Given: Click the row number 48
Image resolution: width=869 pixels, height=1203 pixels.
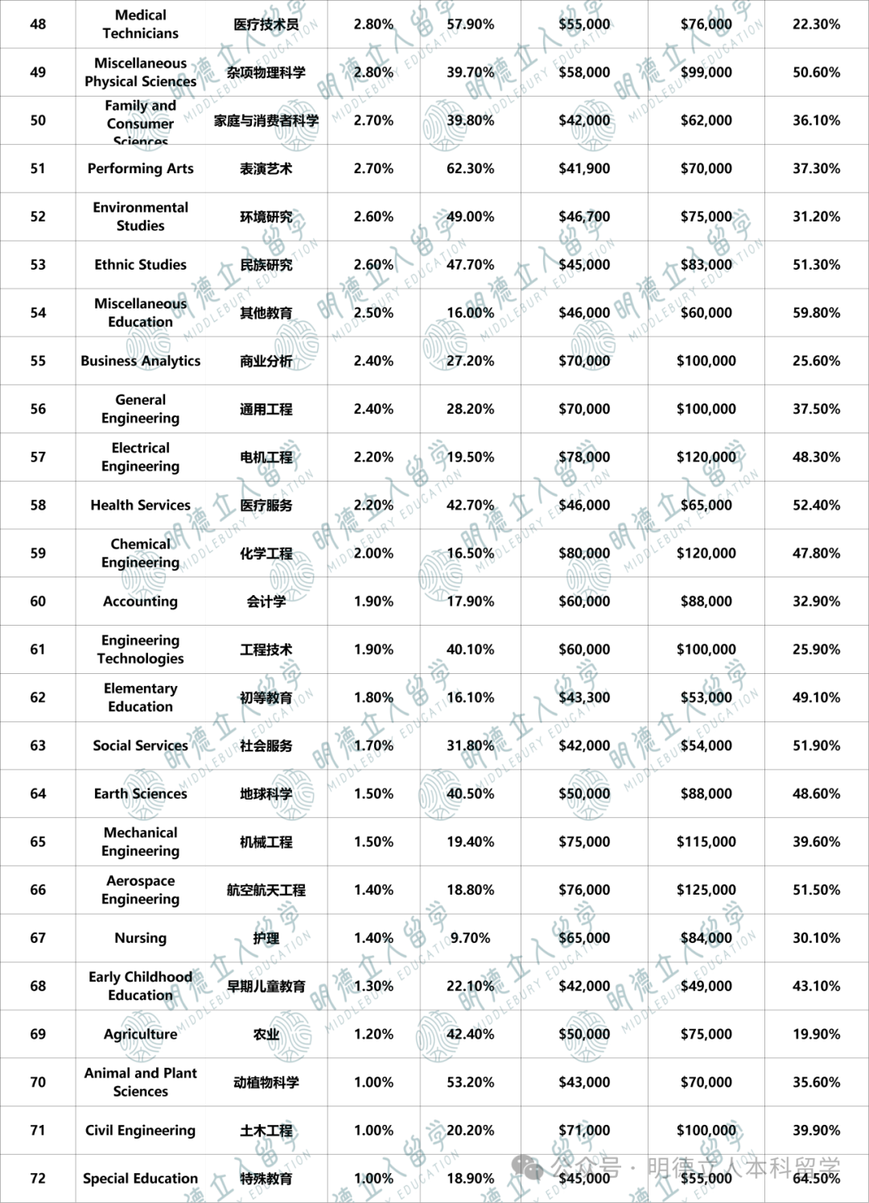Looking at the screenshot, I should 38,24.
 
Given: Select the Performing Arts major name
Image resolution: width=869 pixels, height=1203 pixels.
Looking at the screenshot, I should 141,168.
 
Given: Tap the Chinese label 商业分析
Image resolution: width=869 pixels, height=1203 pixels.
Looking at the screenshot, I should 266,361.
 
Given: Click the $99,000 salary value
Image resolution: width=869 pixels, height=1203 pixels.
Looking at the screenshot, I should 706,72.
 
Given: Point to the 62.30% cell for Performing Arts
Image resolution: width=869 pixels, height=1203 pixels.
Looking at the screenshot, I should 471,168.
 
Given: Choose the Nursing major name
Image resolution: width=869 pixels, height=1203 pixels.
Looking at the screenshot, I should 141,938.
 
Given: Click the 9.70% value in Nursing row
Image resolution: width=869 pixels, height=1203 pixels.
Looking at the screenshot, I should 471,938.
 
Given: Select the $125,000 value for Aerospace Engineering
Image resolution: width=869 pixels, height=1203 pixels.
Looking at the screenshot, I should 706,890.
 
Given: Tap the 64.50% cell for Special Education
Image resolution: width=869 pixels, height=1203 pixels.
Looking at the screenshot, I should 816,1178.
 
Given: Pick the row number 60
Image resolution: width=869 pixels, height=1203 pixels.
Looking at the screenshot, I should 38,601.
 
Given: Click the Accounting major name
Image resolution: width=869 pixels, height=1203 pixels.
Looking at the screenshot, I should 141,601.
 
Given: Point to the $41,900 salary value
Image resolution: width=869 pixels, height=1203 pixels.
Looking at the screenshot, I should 584,168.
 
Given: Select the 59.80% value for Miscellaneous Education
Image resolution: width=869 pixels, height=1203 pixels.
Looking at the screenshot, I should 816,312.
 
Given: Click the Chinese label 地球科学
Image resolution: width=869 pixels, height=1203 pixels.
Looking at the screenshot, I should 266,794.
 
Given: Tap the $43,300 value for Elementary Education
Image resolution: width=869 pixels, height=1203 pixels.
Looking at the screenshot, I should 584,697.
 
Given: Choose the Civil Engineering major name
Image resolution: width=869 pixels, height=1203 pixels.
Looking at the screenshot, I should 141,1131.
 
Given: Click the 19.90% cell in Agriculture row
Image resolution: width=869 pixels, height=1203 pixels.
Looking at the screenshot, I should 816,1034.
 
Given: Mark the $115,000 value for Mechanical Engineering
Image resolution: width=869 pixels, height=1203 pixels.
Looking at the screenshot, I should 706,841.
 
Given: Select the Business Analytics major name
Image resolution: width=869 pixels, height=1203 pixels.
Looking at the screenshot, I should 141,361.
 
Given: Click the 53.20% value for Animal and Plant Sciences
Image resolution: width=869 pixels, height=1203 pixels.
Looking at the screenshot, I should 471,1082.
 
